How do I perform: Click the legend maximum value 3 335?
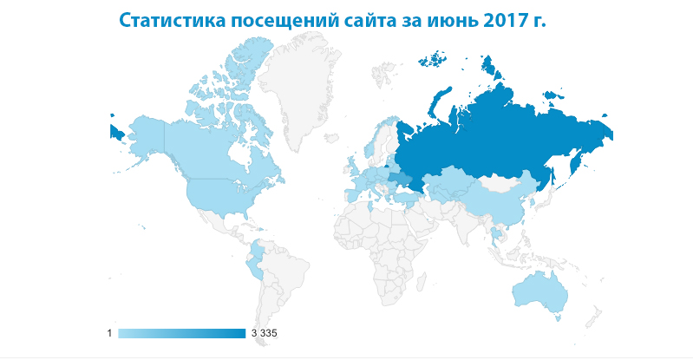coord(264,333)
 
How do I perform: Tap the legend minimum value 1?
coord(110,333)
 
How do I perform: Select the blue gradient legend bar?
coord(182,333)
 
